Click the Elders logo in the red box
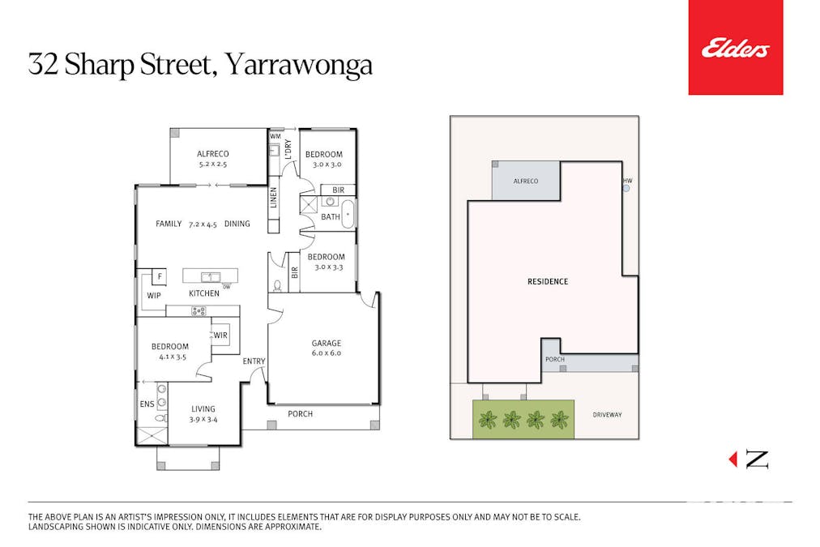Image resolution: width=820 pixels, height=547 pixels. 735,49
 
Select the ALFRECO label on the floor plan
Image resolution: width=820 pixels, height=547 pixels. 213,154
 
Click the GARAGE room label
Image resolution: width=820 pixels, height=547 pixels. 327,343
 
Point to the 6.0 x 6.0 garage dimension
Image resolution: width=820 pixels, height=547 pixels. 327,353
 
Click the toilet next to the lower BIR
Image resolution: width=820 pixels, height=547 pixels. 278,285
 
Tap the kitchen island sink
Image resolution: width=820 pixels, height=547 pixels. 207,276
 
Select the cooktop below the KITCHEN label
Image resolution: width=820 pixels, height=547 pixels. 199,310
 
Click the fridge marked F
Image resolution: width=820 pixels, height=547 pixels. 160,277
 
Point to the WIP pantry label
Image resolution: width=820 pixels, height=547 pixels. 153,296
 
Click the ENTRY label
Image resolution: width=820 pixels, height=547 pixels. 254,361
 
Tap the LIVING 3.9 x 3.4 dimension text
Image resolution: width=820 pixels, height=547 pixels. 203,419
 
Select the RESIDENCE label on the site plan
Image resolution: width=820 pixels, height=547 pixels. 548,282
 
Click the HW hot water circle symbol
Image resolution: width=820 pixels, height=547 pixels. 626,189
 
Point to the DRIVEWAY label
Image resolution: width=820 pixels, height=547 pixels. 606,414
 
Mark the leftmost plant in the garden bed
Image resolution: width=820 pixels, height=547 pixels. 487,420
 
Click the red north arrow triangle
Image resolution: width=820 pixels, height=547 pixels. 733,459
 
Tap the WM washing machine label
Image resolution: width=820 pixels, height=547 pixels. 275,137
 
